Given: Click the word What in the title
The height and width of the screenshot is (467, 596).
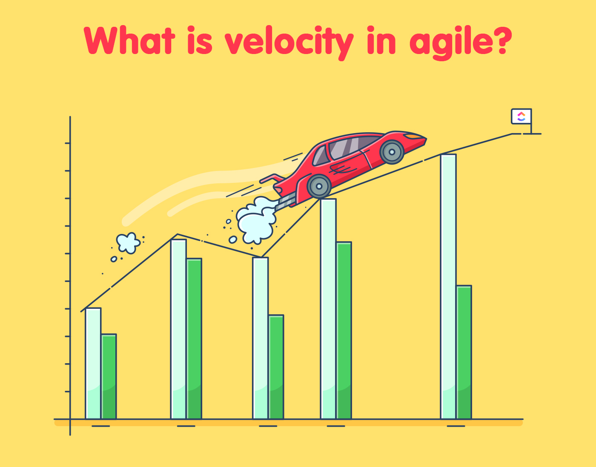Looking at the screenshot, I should [129, 41].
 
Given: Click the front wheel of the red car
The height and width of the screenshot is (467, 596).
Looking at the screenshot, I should [392, 152].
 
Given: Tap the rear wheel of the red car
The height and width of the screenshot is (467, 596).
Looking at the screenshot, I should [319, 186].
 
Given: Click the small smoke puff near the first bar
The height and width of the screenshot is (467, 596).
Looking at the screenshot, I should [128, 243].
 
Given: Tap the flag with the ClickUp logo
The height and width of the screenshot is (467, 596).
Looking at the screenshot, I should [521, 117].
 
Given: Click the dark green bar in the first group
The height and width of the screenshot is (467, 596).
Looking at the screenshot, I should [109, 376].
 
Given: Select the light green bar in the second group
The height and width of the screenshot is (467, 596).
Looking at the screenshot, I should [178, 330].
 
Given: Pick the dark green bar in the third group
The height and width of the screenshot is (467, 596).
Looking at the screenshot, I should [276, 367].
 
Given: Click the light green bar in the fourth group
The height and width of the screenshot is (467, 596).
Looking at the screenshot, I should [328, 308].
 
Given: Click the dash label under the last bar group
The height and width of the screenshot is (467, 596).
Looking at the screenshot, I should [456, 426].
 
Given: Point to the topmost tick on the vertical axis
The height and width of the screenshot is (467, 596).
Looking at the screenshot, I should [67, 143].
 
